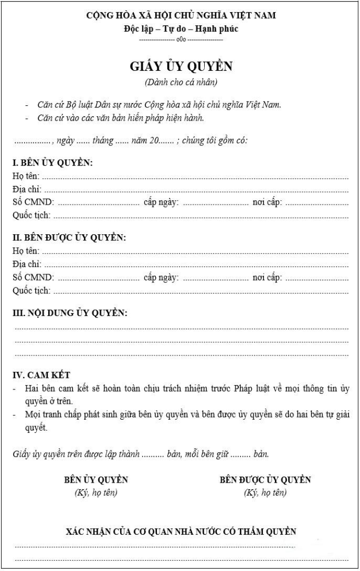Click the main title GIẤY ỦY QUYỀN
tap(181, 67)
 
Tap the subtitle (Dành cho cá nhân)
tap(181, 82)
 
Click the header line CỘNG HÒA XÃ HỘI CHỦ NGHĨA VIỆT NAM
tap(181, 16)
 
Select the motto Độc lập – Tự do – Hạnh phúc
tap(181, 28)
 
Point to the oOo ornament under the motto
tap(181, 39)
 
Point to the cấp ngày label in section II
tap(161, 278)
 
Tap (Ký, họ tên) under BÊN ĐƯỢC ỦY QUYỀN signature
tap(265, 493)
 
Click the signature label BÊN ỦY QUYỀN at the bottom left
tap(96, 480)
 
